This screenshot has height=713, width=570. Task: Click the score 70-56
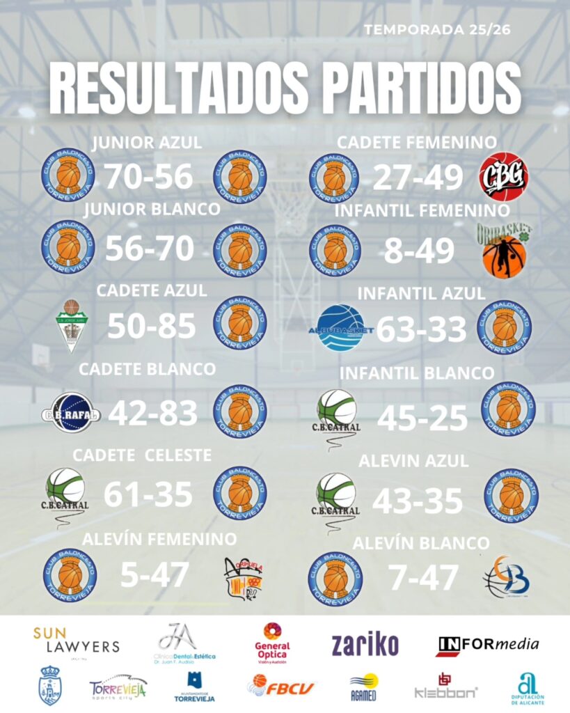[x=148, y=177]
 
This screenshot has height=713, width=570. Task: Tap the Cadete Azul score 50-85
[x=152, y=324]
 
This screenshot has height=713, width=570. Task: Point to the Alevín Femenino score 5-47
[x=155, y=575]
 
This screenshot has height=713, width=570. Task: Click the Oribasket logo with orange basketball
[x=505, y=249]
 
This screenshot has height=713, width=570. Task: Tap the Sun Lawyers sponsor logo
[x=76, y=641]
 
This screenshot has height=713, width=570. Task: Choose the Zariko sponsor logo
[x=365, y=645]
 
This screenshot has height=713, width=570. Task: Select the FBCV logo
[x=280, y=688]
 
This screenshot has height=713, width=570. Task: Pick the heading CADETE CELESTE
[x=142, y=455]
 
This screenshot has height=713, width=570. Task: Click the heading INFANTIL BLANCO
[x=417, y=374]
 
